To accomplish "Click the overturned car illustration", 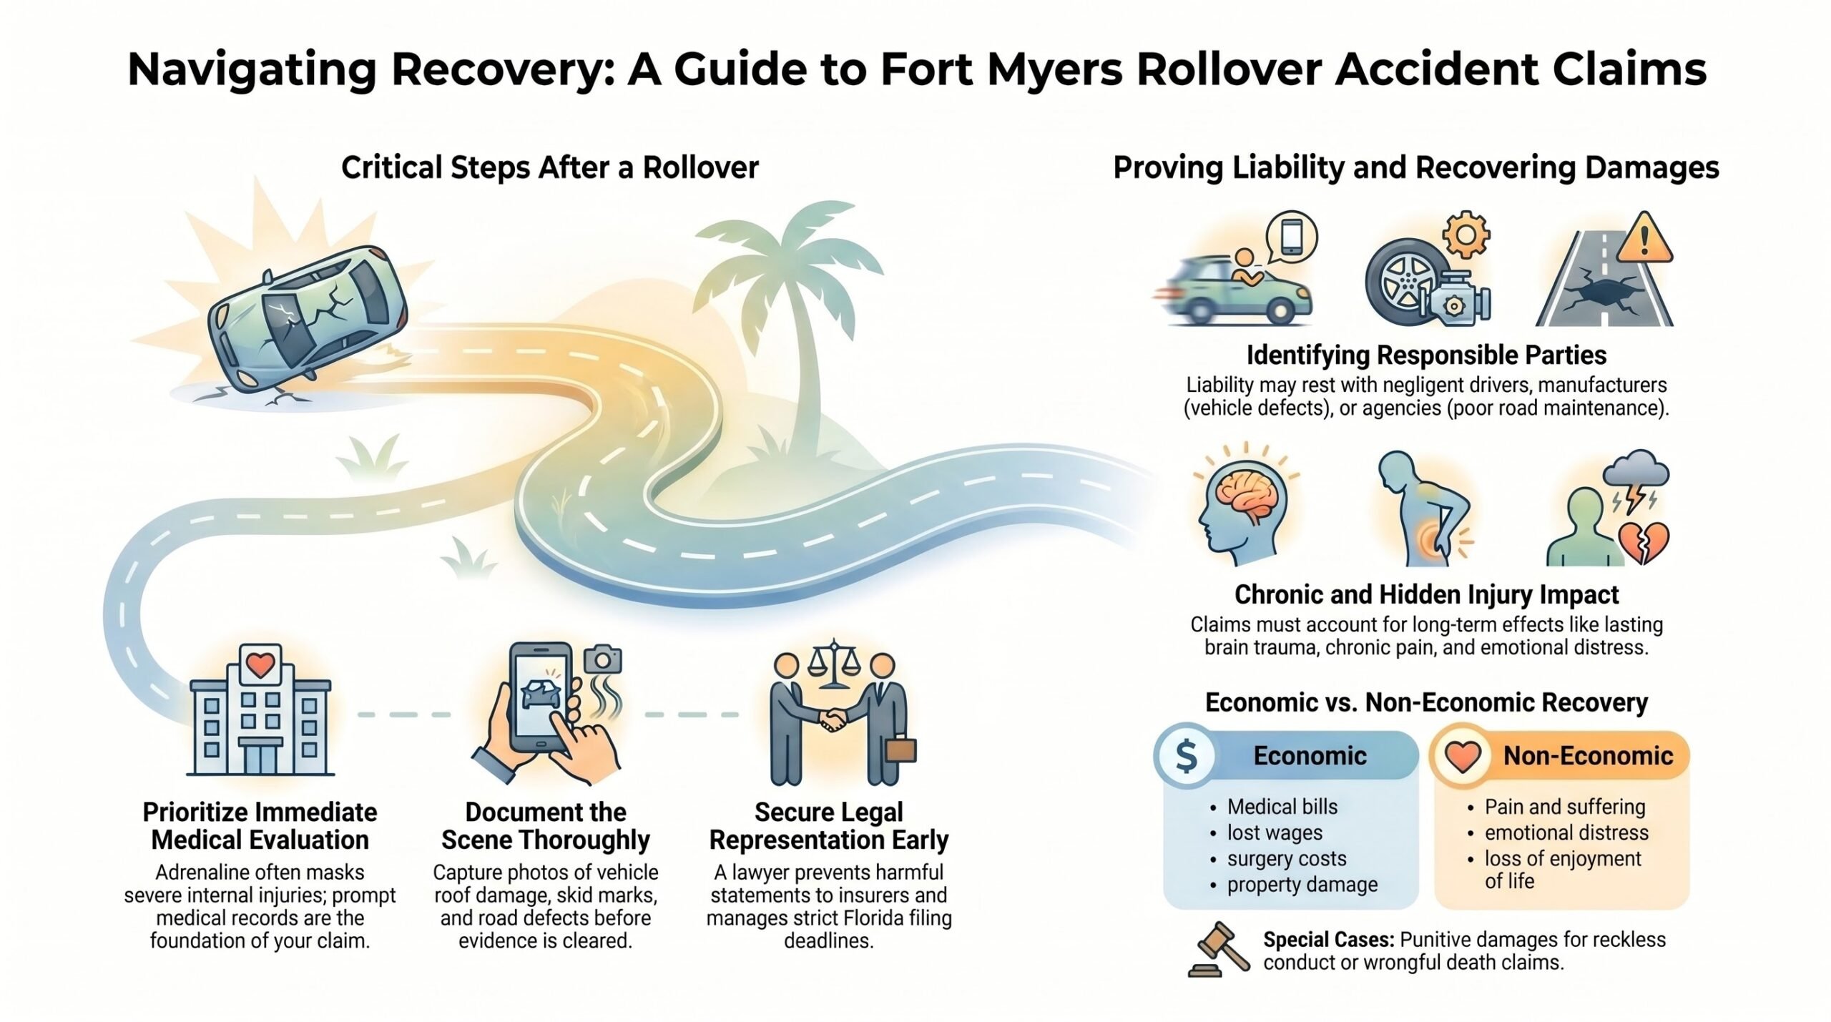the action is click(308, 318).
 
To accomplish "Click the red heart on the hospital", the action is click(260, 664).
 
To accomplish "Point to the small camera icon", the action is click(603, 659).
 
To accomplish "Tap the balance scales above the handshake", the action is click(831, 664).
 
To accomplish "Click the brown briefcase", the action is click(900, 750).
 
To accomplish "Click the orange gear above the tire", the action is click(1466, 234).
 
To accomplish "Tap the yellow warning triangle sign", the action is click(1644, 238).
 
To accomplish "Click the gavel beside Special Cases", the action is click(1219, 950).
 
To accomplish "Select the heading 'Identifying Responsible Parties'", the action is click(1426, 355).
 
